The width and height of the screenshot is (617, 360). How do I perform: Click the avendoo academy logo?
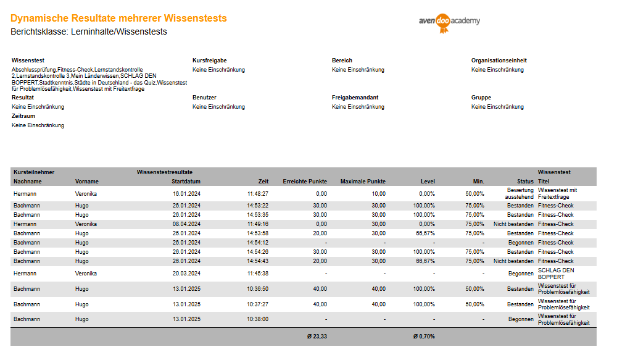(449, 22)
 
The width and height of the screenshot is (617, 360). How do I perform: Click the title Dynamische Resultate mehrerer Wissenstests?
(118, 19)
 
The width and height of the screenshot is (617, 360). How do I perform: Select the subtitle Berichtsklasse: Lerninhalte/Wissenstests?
(89, 31)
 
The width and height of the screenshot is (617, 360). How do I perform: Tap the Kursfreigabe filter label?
(210, 61)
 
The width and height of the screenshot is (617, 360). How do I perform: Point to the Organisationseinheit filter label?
(499, 61)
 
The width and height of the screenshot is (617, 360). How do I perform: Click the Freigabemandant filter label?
(355, 98)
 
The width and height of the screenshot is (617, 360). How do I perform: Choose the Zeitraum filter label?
(23, 116)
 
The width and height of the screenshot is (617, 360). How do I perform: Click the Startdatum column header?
(186, 182)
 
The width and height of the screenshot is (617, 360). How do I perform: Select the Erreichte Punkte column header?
(305, 182)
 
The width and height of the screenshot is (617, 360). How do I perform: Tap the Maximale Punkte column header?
(363, 182)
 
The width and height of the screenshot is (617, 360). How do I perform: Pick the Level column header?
(428, 182)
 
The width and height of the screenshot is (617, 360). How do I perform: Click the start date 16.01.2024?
(186, 193)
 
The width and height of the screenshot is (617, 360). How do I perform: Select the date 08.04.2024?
(186, 224)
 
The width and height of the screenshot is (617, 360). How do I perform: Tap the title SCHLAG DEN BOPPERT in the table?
(556, 274)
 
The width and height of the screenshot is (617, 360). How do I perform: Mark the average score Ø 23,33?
(317, 337)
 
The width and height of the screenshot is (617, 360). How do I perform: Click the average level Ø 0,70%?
(424, 337)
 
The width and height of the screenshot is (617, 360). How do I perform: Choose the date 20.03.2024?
(186, 274)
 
